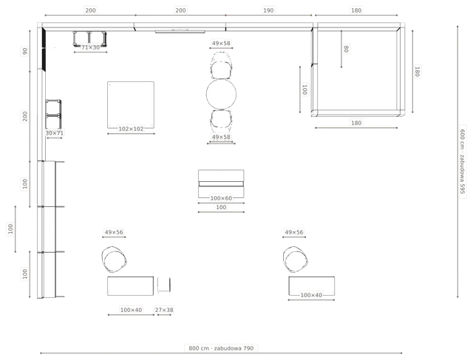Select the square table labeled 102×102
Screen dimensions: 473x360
point(131,105)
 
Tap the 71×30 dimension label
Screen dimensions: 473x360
point(90,47)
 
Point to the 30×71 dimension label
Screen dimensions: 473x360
point(54,133)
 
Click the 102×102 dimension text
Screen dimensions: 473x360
point(131,129)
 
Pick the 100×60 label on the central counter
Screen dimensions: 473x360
point(221,198)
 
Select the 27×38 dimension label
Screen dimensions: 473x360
point(164,310)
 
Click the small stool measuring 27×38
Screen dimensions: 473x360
point(164,285)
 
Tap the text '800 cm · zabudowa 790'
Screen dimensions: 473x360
point(221,348)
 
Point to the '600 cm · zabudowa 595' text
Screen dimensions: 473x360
point(463,161)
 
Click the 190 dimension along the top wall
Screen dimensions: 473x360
point(268,10)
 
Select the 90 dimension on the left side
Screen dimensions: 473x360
point(24,51)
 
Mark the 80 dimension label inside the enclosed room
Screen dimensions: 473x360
point(347,49)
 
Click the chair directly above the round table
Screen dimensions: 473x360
point(221,67)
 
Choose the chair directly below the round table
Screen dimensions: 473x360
point(221,120)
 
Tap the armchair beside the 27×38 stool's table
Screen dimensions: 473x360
point(114,259)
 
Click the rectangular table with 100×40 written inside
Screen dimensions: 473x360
point(312,286)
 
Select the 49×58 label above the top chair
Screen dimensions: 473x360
point(221,43)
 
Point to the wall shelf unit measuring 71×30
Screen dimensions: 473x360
point(90,38)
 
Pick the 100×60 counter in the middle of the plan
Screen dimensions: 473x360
point(221,183)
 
